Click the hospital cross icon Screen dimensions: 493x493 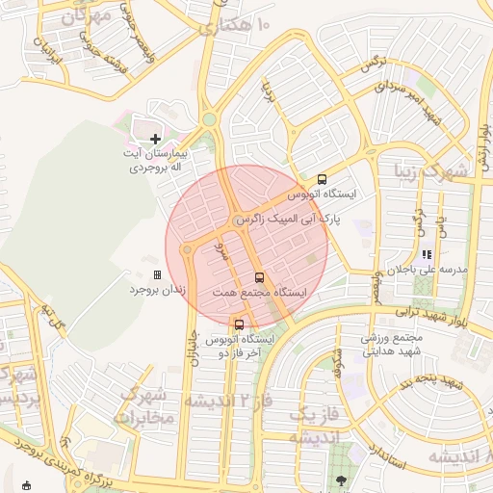point(156,140)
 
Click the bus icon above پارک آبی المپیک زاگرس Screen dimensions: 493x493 point(322,179)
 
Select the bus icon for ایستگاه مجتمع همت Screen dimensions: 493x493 point(259,277)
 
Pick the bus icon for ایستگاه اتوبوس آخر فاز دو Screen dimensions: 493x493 point(240,324)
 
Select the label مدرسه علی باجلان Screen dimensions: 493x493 point(427,270)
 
